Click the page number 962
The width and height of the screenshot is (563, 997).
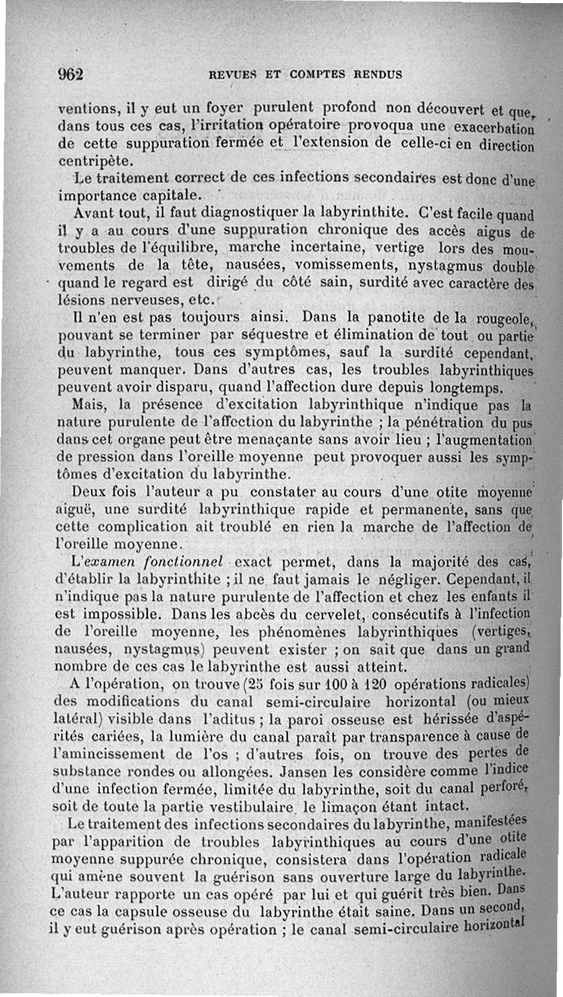[70, 74]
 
